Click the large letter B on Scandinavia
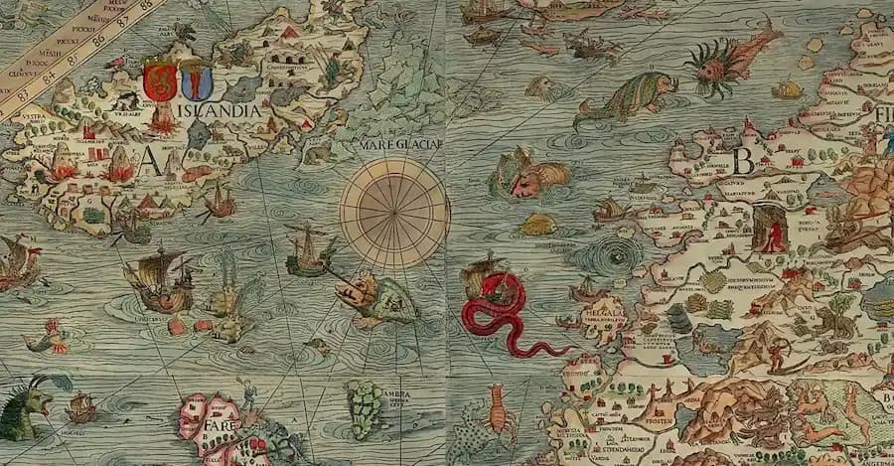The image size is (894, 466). pyautogui.click(x=743, y=160)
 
